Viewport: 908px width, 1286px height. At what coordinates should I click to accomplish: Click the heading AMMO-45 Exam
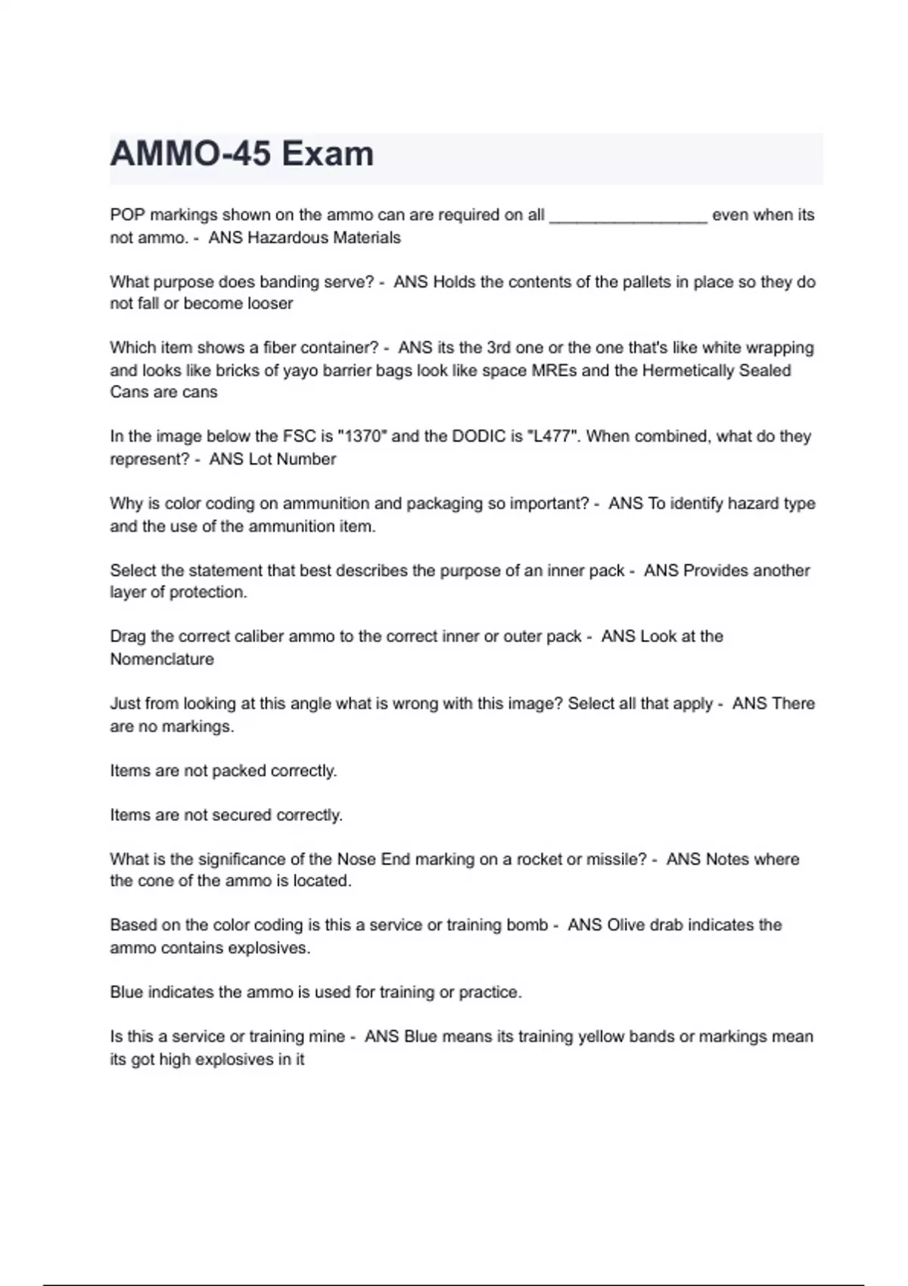click(241, 154)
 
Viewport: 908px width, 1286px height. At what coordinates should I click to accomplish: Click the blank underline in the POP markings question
click(628, 219)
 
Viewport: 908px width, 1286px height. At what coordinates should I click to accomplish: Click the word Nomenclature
click(162, 659)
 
